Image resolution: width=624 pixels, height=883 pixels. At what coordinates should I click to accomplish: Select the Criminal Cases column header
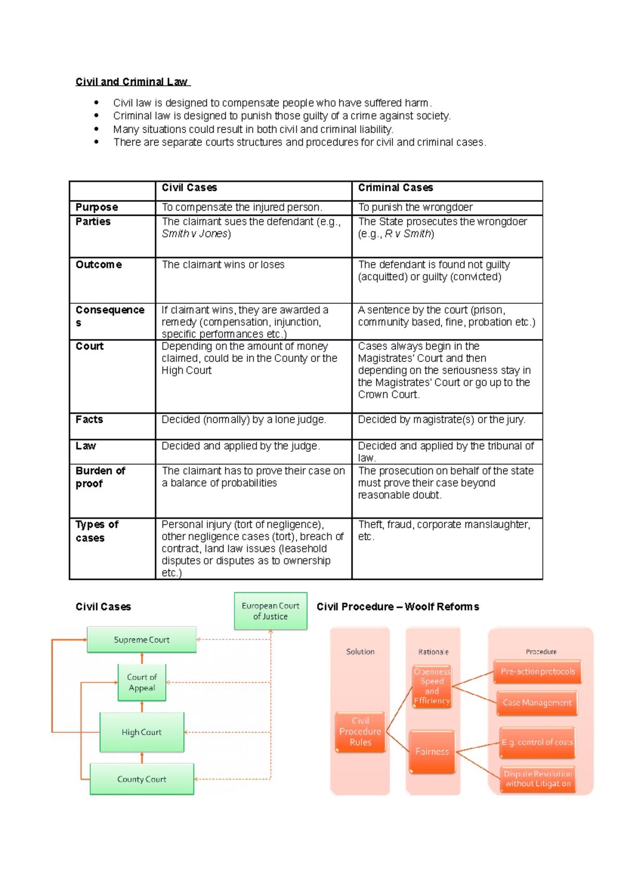pos(395,188)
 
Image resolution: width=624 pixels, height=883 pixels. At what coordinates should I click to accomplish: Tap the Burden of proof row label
pos(100,477)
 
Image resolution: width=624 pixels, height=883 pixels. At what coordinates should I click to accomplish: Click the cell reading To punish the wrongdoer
pos(415,207)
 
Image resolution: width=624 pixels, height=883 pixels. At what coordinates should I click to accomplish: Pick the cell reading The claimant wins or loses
pos(223,265)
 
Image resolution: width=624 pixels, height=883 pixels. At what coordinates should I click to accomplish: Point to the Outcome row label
pos(99,265)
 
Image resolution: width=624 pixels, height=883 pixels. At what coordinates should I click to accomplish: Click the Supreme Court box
pos(141,640)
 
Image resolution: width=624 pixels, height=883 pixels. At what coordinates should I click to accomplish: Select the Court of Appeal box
pos(142,682)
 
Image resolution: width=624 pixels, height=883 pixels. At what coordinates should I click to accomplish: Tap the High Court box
pos(141,732)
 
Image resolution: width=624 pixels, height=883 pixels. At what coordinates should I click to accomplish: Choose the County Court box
pos(141,779)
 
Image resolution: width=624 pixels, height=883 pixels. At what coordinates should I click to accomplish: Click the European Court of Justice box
pos(270,611)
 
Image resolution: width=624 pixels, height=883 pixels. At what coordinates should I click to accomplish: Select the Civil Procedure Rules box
pos(360,732)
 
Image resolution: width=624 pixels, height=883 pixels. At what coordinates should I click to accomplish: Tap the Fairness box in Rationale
pos(432,751)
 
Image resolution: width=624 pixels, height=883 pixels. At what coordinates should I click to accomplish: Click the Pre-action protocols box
pos(538,672)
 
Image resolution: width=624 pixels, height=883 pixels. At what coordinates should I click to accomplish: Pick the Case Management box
pos(537,703)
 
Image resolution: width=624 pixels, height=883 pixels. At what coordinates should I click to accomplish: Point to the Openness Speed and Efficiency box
pos(432,686)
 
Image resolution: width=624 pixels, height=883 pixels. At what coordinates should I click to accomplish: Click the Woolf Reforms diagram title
pos(398,607)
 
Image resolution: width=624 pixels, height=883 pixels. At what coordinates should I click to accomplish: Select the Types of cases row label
pos(97,531)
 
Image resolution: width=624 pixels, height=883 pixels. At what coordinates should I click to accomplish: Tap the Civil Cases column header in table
pos(189,188)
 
